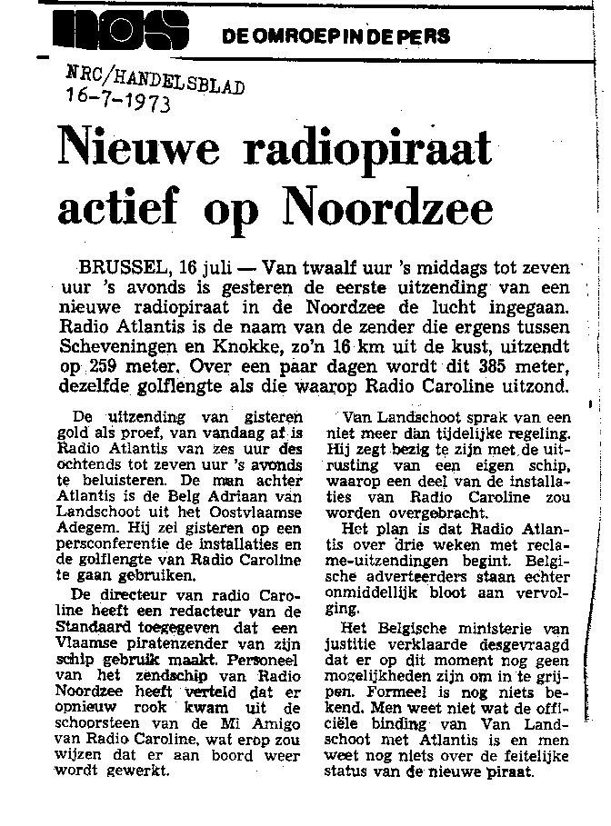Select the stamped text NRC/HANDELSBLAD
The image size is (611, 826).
[155, 78]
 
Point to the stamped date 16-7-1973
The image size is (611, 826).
[118, 97]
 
